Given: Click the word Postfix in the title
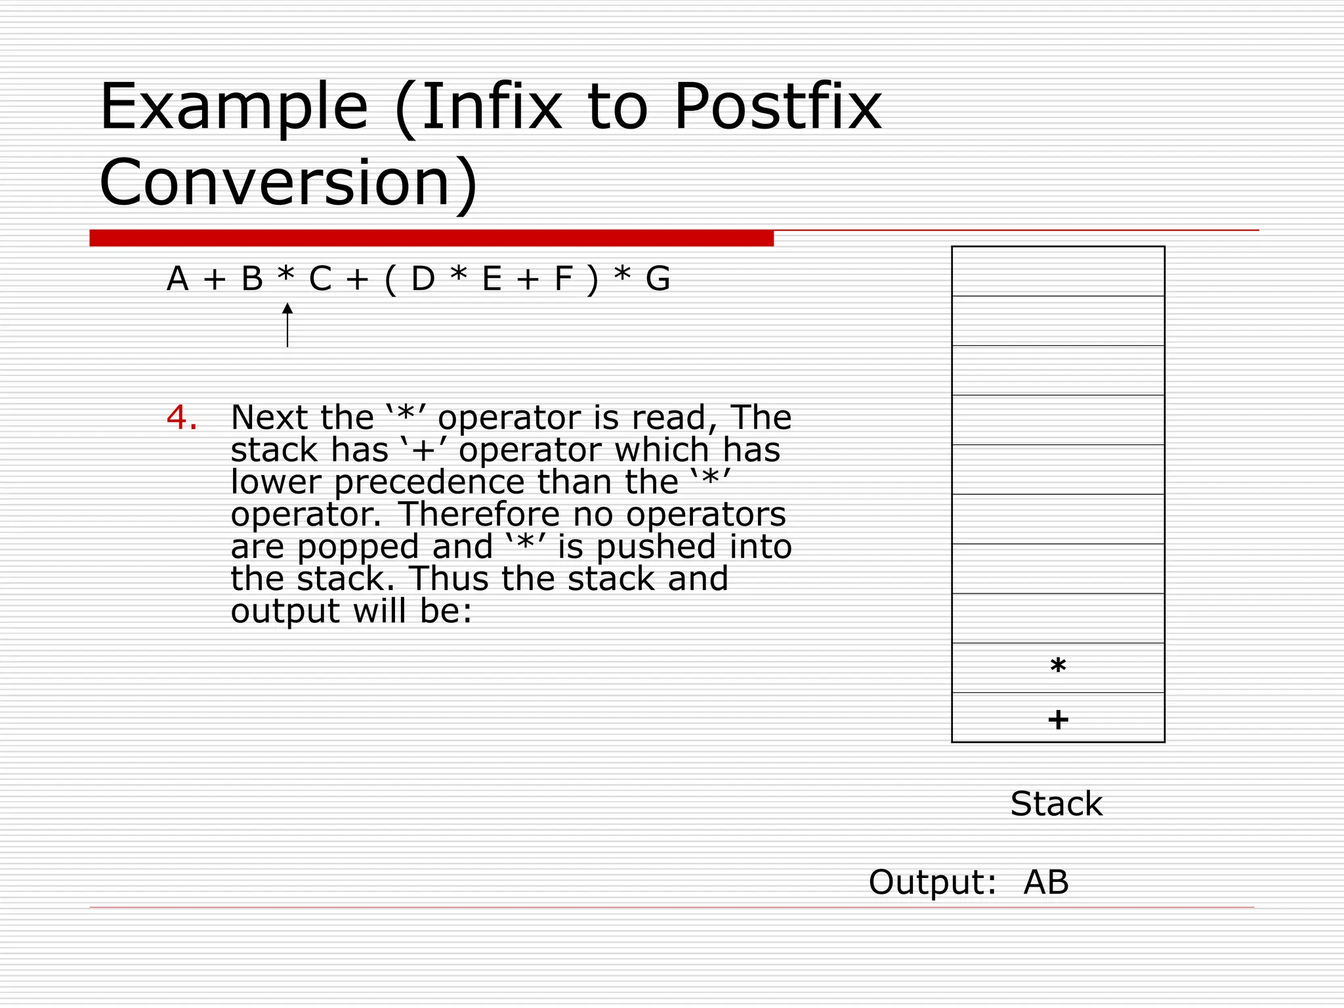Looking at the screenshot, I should click(777, 107).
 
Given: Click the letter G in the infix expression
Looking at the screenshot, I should click(658, 279).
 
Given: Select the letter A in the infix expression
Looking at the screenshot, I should click(177, 279).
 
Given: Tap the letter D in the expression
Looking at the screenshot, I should click(423, 279).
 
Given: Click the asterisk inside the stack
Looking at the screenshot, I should click(1058, 667).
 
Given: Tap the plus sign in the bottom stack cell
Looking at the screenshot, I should click(1058, 720).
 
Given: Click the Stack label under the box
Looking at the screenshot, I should click(1056, 804).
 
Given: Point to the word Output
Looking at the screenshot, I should click(932, 882).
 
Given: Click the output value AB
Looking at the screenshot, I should click(1046, 882).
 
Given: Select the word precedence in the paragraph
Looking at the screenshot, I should click(430, 482).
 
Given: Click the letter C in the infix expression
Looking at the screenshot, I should click(320, 279).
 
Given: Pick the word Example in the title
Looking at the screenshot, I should click(234, 107).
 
